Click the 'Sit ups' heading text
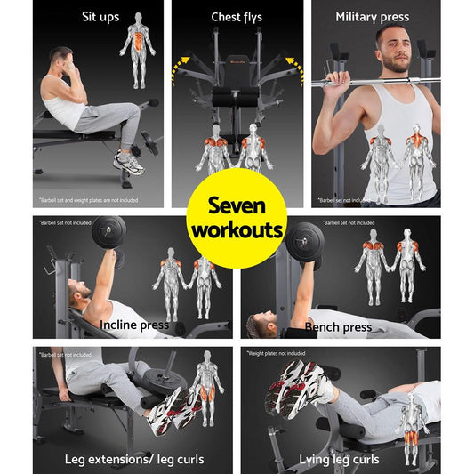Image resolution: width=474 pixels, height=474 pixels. pos(100,16)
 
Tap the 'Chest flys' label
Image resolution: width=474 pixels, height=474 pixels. pos(237,17)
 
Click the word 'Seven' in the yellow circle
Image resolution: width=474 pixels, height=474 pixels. pos(237,207)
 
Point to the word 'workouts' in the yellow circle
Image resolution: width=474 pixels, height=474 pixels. pos(237,231)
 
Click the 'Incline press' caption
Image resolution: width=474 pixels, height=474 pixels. pos(134,325)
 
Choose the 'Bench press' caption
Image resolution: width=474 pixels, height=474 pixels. pos(338,327)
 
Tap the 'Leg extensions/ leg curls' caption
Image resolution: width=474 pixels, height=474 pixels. pos(133,459)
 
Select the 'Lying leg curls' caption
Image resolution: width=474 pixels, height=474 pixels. pos(340,459)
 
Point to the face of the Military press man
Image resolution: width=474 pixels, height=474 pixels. pos(392,49)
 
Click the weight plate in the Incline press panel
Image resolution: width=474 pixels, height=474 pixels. pos(108,233)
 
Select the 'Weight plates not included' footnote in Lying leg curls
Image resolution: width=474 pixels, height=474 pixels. pos(284,353)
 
